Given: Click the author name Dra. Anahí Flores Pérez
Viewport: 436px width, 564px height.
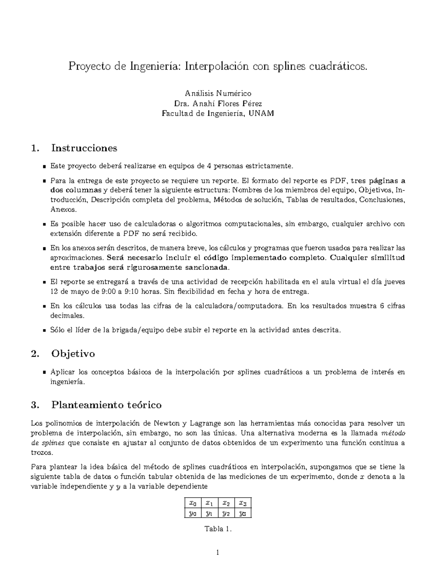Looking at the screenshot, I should (x=218, y=104).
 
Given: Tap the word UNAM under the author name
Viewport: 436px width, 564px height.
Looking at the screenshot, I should (x=262, y=113).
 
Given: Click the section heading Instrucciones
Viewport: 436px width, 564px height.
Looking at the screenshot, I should (x=84, y=148).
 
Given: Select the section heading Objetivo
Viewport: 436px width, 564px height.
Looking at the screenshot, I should (x=73, y=354).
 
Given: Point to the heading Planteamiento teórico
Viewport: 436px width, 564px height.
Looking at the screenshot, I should (x=106, y=405).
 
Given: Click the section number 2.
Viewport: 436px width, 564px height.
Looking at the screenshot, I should (x=35, y=354).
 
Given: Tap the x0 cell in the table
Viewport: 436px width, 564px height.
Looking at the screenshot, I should (x=193, y=503).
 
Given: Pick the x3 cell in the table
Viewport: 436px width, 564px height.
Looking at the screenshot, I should (x=243, y=503).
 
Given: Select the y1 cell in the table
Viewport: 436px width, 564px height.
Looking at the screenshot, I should (x=209, y=513).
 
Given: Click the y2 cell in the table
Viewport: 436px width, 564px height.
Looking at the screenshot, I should (x=226, y=513).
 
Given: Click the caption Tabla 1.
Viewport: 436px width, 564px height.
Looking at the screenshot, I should (x=218, y=529).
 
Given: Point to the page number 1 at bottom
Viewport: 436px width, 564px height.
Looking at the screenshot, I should (x=218, y=553).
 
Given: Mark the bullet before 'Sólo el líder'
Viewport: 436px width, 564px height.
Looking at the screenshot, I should (x=44, y=330).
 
